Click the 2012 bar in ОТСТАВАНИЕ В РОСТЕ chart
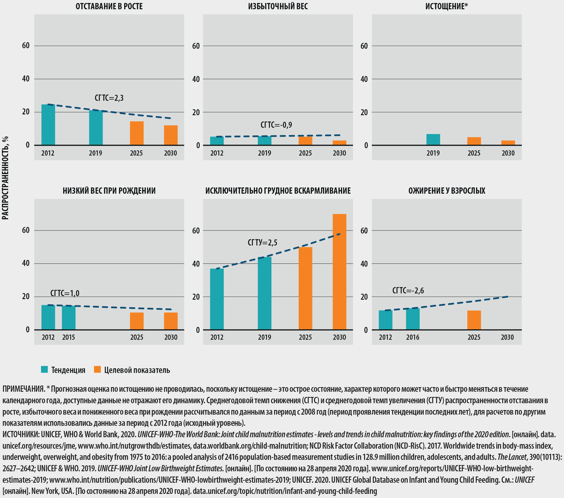[x=48, y=125]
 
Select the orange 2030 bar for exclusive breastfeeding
[x=339, y=272]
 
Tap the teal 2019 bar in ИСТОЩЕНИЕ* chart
[x=433, y=140]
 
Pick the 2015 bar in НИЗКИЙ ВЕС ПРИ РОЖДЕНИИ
[x=68, y=318]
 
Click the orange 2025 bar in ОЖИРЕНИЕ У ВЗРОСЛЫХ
[x=474, y=320]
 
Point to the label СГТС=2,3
[x=109, y=98]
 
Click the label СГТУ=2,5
[x=263, y=243]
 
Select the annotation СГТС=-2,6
[x=408, y=290]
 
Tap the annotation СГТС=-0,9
[x=276, y=125]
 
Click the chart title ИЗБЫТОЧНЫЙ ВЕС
[x=278, y=6]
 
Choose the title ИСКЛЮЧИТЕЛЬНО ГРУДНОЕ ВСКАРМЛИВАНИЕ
[x=278, y=191]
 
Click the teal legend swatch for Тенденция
[x=44, y=369]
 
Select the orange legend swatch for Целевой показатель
[x=97, y=369]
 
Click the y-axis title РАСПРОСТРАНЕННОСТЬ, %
[x=5, y=178]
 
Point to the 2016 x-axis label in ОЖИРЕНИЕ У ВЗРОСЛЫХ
[x=413, y=337]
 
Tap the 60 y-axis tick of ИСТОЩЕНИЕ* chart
[x=364, y=46]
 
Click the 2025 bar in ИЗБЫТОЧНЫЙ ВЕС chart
[x=306, y=141]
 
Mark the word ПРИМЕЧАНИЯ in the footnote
[x=23, y=389]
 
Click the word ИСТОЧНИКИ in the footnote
[x=20, y=434]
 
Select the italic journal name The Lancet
[x=512, y=457]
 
